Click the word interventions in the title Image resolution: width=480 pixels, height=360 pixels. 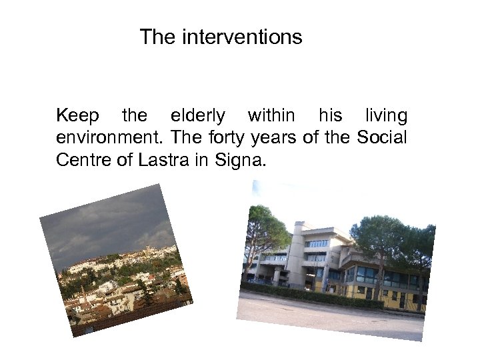[241, 37]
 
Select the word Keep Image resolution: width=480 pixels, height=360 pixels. [77, 116]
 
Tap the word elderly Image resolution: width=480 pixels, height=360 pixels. [197, 116]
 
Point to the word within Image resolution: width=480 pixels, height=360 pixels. [271, 116]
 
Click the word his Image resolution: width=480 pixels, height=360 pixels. [330, 116]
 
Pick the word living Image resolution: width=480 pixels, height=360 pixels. [385, 116]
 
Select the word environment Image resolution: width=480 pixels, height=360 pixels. [110, 138]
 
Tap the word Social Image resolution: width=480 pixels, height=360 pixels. [382, 138]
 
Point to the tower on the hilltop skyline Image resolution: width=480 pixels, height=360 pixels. [148, 251]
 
